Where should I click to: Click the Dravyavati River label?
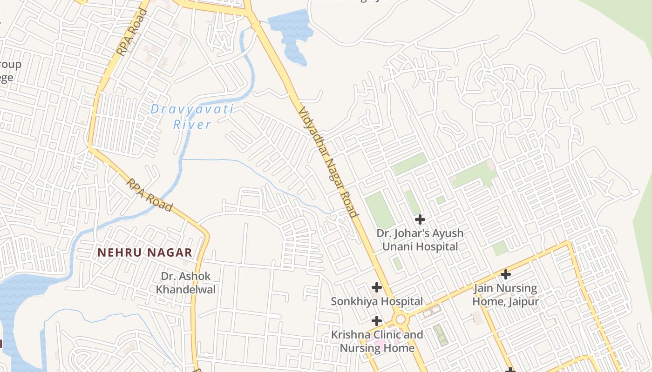tap(192, 117)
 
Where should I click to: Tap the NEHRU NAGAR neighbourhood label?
tap(145, 252)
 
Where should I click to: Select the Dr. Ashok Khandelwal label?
tap(186, 283)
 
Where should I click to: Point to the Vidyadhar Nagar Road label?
tap(328, 162)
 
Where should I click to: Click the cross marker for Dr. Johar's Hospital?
tap(420, 219)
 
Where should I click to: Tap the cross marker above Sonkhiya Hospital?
tap(377, 287)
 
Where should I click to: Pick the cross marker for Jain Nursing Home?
tap(505, 274)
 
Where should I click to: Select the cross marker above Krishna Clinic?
tap(377, 321)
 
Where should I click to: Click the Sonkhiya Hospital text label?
tap(377, 301)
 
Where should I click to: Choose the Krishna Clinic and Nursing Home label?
tap(377, 341)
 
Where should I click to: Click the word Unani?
tap(400, 247)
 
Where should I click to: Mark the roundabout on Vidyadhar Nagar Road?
tap(400, 319)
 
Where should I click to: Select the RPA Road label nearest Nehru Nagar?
tap(149, 195)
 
